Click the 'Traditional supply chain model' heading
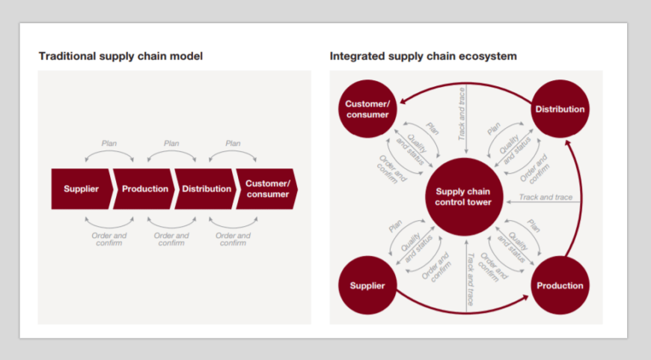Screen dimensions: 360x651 (x=120, y=56)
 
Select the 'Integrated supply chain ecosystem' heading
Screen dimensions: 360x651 (x=423, y=56)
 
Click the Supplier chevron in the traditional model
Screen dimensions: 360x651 (x=81, y=189)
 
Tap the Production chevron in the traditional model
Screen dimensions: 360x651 (x=144, y=189)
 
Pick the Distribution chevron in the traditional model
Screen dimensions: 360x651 (x=207, y=189)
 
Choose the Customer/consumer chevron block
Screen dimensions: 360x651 (x=267, y=189)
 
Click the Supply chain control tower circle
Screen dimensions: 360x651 (x=463, y=196)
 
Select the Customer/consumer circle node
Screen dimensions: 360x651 (x=367, y=109)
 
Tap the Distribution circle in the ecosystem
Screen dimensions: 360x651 (x=560, y=109)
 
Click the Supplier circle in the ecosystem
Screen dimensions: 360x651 (x=367, y=285)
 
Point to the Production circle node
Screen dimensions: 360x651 (x=560, y=285)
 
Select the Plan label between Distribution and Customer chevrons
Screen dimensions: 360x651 (x=233, y=144)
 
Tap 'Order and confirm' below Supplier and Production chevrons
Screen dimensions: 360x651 (x=110, y=239)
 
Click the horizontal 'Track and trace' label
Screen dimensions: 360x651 (x=545, y=198)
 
